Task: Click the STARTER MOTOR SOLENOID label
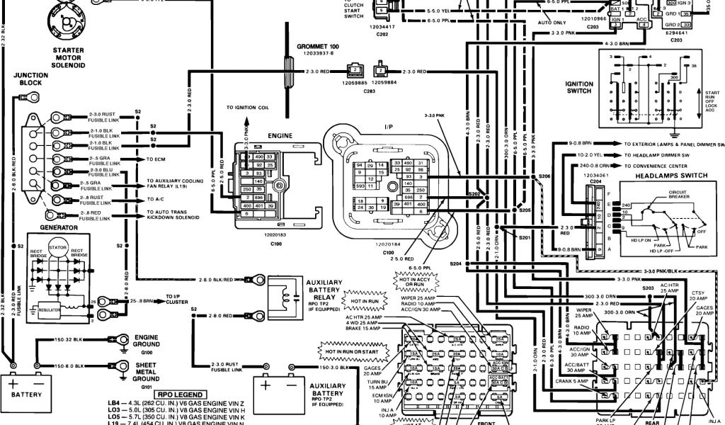pyautogui.click(x=68, y=57)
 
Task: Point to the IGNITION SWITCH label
pyautogui.click(x=579, y=87)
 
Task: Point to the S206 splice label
pyautogui.click(x=544, y=175)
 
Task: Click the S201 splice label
pyautogui.click(x=524, y=238)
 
